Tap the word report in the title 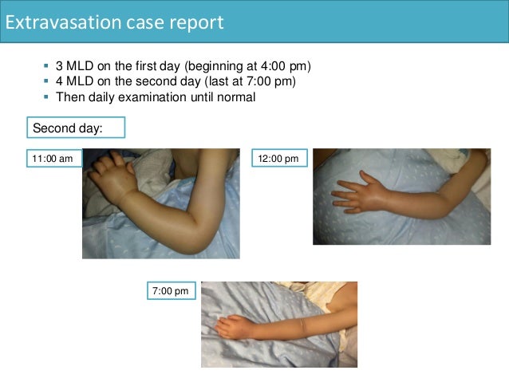pyautogui.click(x=196, y=22)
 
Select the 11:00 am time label pyautogui.click(x=52, y=159)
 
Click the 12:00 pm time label pyautogui.click(x=278, y=159)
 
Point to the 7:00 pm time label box pyautogui.click(x=170, y=291)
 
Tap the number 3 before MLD pyautogui.click(x=60, y=65)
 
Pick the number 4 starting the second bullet pyautogui.click(x=60, y=81)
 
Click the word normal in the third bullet pyautogui.click(x=237, y=96)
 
